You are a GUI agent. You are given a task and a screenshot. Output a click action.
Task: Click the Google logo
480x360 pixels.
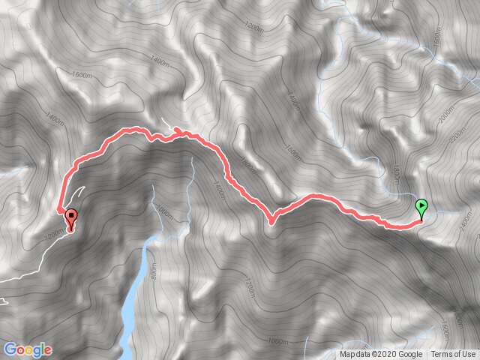[x=28, y=349]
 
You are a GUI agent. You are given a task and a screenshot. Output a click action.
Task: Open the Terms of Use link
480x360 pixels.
[x=453, y=355]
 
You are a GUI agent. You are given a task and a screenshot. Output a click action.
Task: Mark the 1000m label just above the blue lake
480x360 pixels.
[x=166, y=213]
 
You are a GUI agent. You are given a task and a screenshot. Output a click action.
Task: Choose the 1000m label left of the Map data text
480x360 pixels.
[x=277, y=341]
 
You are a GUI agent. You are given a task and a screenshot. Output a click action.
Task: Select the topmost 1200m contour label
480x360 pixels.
[x=256, y=28]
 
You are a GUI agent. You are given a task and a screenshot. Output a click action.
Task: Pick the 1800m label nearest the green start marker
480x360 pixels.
[x=396, y=176]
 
